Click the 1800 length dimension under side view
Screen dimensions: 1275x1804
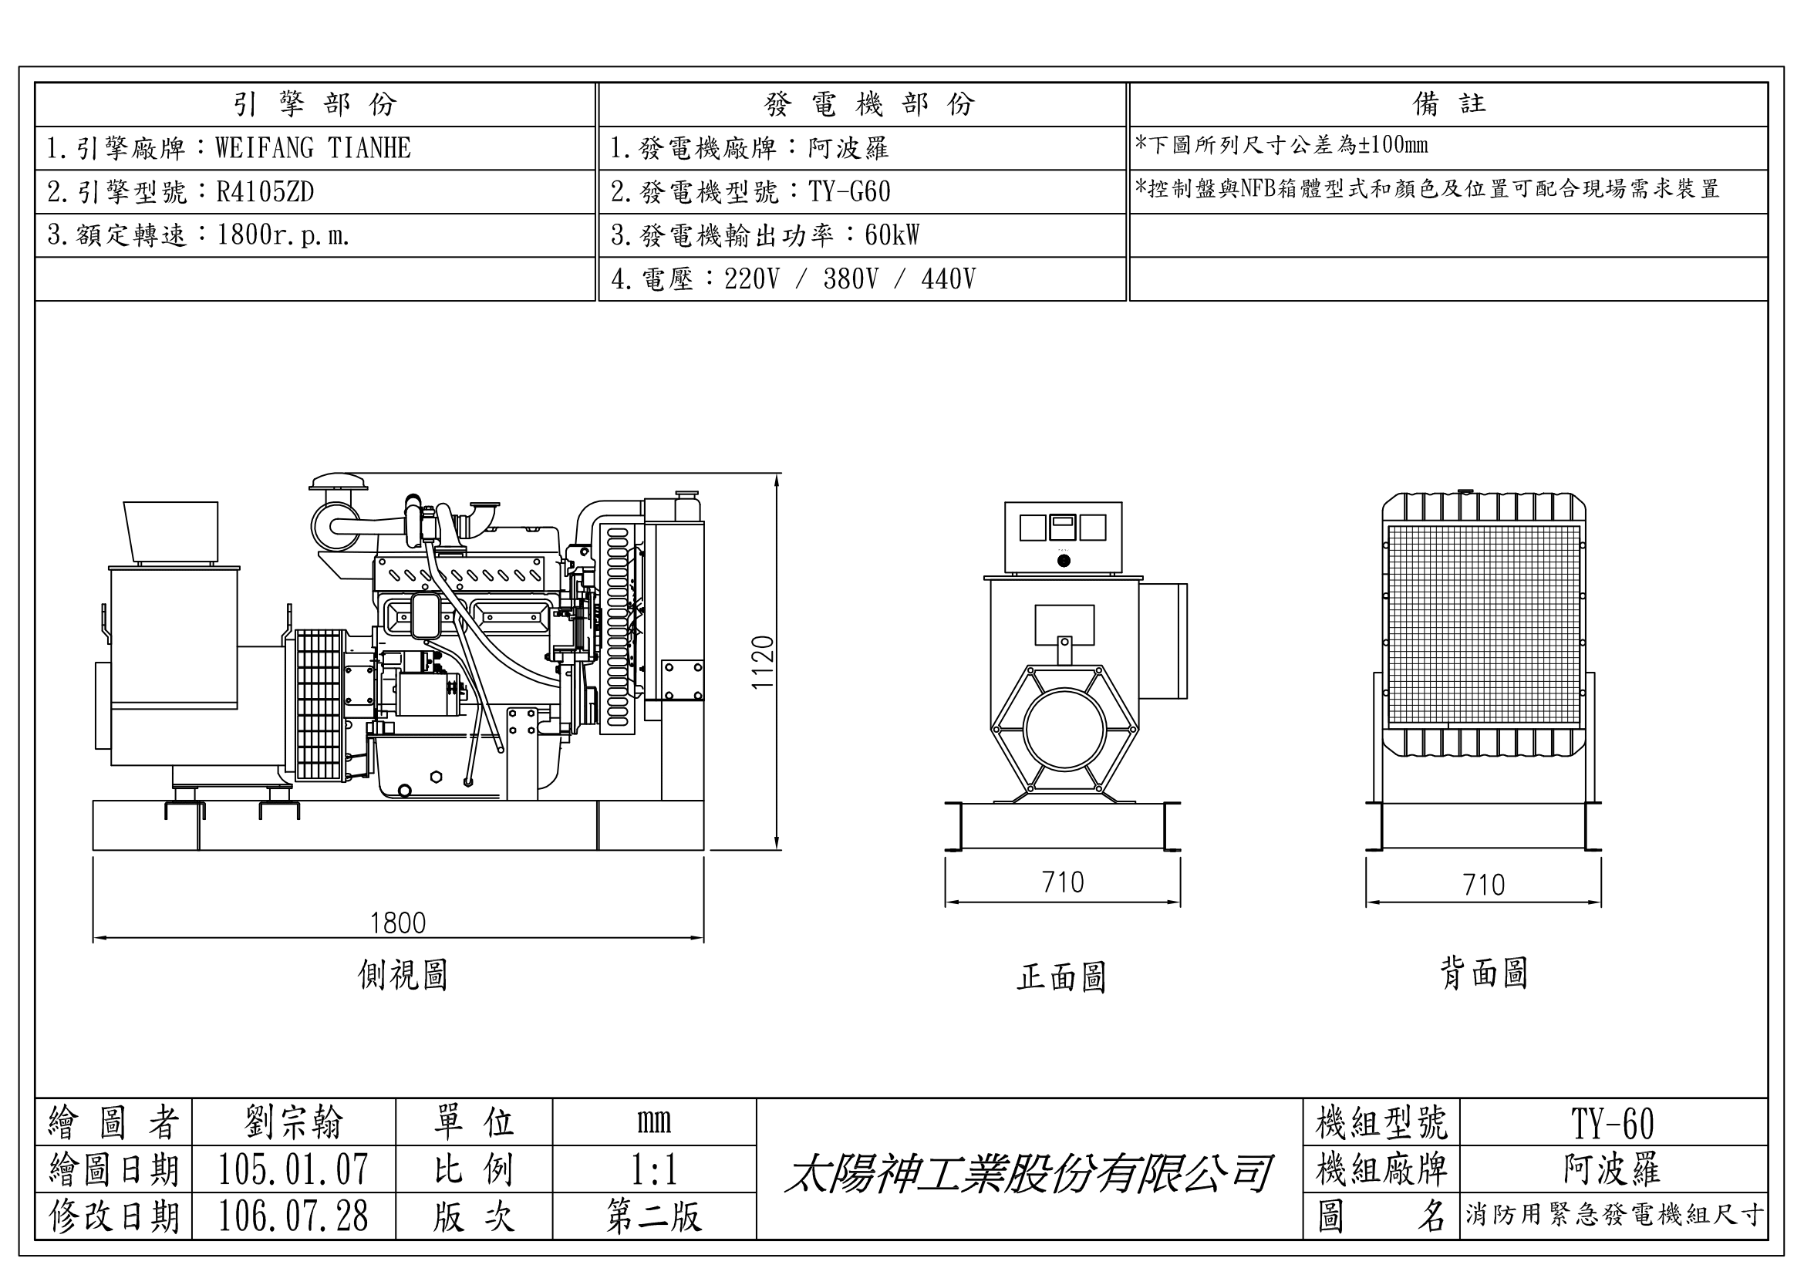(397, 923)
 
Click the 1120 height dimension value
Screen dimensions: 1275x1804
(763, 662)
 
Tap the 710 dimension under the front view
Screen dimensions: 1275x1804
(1062, 882)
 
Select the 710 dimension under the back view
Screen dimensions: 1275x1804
(1483, 885)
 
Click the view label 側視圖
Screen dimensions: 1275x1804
(403, 975)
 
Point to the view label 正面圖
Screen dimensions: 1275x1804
(1061, 977)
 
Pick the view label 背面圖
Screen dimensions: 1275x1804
(1483, 973)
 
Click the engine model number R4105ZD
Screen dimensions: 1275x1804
(265, 192)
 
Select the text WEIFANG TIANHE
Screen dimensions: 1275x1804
(312, 147)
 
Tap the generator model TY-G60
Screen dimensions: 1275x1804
(849, 192)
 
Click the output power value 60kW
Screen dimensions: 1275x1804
(892, 235)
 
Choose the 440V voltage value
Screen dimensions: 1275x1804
(949, 279)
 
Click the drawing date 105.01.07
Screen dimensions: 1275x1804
(293, 1169)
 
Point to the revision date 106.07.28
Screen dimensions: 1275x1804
(293, 1216)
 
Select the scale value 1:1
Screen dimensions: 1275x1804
(654, 1170)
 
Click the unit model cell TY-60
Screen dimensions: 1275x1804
(1612, 1123)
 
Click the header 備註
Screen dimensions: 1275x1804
(1449, 103)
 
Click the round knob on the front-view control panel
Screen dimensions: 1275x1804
(1064, 561)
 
